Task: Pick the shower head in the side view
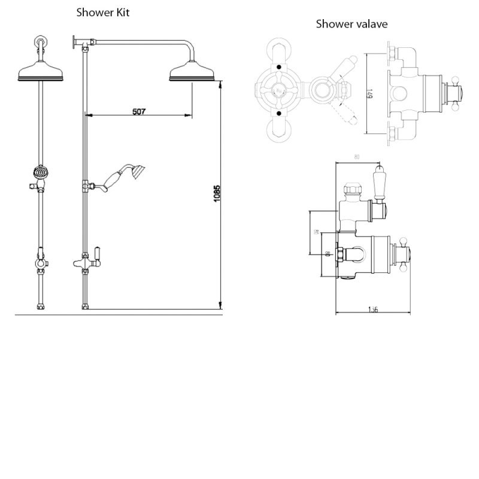point(192,75)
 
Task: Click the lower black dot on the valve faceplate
point(279,113)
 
